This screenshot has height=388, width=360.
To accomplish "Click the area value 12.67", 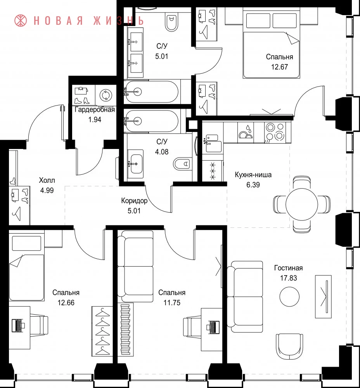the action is click(279, 67).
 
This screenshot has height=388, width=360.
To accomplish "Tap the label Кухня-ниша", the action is click(253, 175).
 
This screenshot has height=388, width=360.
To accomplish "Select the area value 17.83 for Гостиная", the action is click(288, 278).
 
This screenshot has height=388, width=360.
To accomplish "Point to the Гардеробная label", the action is click(95, 110).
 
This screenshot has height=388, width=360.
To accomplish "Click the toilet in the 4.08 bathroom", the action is click(182, 164).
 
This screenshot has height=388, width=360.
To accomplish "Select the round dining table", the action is click(301, 204).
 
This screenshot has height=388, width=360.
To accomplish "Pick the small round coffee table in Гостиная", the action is click(289, 296).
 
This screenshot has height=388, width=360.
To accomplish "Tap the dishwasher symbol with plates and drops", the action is click(246, 132).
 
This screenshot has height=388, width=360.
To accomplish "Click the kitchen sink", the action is click(213, 143).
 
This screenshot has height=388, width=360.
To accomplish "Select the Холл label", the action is click(47, 180).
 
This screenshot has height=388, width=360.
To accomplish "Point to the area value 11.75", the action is click(172, 303).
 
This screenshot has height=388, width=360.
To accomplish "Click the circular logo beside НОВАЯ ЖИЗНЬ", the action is click(21, 21).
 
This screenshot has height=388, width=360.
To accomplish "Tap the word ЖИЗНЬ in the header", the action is click(119, 21).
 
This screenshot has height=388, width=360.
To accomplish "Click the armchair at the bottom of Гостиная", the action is click(289, 346).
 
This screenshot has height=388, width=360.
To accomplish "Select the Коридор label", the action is click(134, 201).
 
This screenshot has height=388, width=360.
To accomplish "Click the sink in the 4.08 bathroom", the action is click(136, 164).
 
